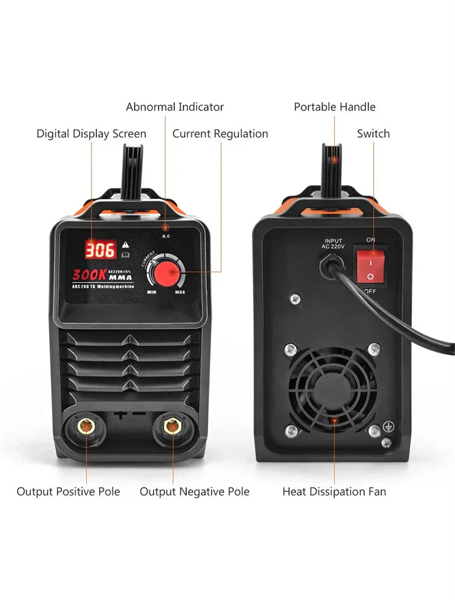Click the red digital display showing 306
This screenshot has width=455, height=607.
(x=100, y=249)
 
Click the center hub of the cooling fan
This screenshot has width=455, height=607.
(x=333, y=387)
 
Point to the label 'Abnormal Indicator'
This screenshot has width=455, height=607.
(x=175, y=107)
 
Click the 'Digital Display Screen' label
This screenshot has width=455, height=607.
(x=91, y=134)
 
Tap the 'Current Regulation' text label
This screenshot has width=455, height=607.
(x=220, y=134)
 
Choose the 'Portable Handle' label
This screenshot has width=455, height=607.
(x=335, y=107)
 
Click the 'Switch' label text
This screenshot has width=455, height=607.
(x=373, y=134)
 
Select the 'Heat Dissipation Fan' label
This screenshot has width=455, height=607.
(x=334, y=492)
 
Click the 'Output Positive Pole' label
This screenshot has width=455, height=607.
(x=68, y=492)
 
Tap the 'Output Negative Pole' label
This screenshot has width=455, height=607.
(x=195, y=492)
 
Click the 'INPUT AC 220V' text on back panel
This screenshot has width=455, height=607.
(x=334, y=244)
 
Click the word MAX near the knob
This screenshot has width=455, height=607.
(x=180, y=293)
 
